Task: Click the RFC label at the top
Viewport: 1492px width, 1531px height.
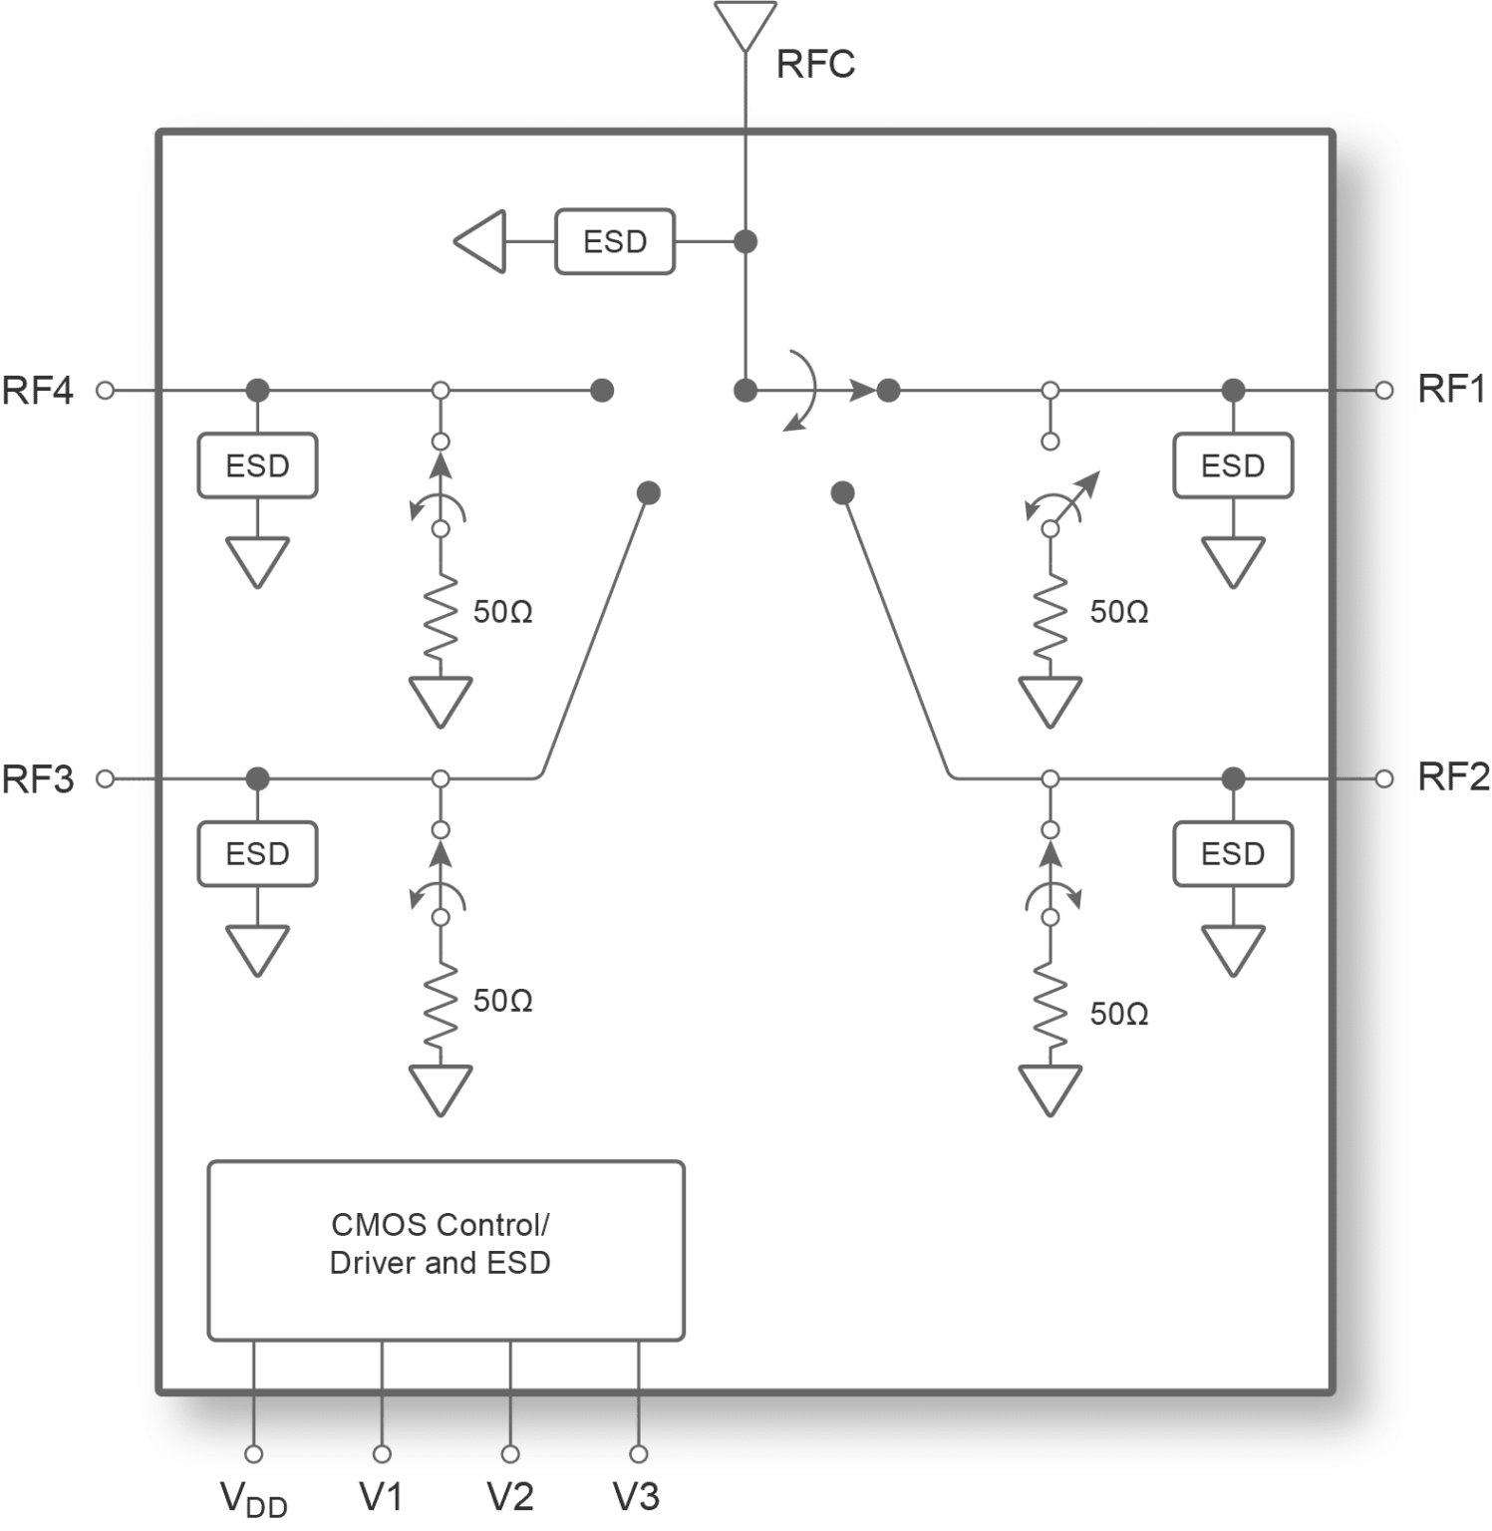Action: click(x=814, y=65)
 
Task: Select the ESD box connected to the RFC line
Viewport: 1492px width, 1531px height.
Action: click(x=614, y=241)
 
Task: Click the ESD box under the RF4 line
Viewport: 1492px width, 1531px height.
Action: click(x=257, y=465)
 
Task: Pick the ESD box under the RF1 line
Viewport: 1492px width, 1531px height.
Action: click(x=1232, y=465)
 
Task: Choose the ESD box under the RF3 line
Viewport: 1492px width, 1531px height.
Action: click(x=257, y=853)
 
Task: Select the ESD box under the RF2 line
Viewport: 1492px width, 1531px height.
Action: click(x=1232, y=853)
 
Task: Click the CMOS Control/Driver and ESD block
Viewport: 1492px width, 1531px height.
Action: click(x=446, y=1250)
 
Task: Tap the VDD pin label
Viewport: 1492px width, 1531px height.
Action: click(x=253, y=1497)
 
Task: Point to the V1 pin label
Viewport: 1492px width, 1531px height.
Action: click(x=381, y=1496)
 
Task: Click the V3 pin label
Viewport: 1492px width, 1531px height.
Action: click(x=636, y=1496)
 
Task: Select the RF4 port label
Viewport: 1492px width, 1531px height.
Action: click(x=38, y=391)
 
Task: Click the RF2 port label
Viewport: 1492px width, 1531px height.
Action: click(x=1453, y=778)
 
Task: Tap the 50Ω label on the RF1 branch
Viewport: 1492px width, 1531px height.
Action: click(x=1118, y=612)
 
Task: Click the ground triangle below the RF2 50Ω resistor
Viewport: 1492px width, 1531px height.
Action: click(x=1049, y=1089)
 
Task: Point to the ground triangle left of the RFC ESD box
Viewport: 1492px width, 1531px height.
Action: click(x=481, y=241)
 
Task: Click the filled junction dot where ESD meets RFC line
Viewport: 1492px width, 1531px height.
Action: click(x=745, y=241)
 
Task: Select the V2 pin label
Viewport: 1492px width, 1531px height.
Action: click(x=509, y=1496)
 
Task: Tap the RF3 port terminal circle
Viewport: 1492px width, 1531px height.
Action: click(x=105, y=778)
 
